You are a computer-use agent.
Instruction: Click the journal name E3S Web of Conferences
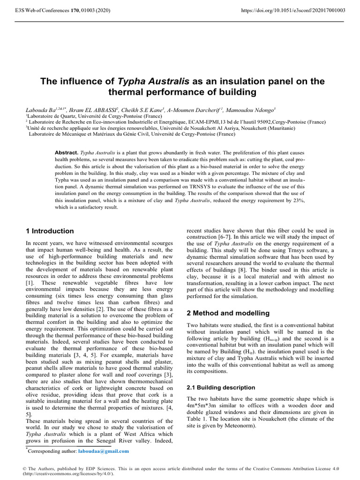tap(42, 9)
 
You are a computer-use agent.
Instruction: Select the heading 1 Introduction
tap(50, 231)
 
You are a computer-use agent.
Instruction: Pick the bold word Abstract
tap(67, 153)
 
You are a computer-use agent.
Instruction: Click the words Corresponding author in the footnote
tap(52, 451)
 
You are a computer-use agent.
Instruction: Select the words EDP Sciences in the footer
tap(101, 468)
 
